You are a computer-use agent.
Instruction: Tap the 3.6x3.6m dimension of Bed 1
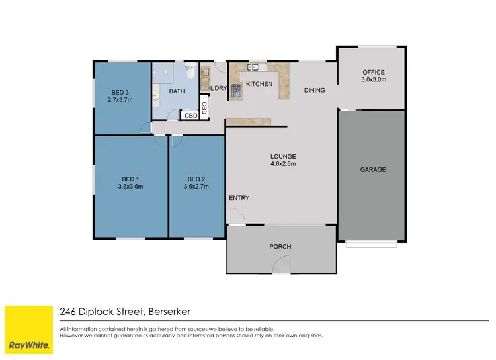[130, 187]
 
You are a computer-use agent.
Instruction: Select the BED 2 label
[196, 179]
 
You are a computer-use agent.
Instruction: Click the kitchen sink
[254, 67]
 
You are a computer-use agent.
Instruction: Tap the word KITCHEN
[259, 85]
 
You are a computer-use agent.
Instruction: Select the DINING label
[314, 90]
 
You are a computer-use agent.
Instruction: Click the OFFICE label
[373, 72]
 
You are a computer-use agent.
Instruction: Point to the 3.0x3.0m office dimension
[373, 80]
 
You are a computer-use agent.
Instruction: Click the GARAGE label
[373, 169]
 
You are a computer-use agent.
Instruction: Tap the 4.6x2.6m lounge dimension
[283, 164]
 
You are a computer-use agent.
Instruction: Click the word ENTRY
[239, 198]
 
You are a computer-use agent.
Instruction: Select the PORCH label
[280, 247]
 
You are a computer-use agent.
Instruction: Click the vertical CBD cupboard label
[204, 107]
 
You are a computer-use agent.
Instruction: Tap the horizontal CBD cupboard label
[190, 116]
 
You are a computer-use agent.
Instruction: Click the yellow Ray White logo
[28, 330]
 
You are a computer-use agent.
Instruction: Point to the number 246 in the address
[67, 311]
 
